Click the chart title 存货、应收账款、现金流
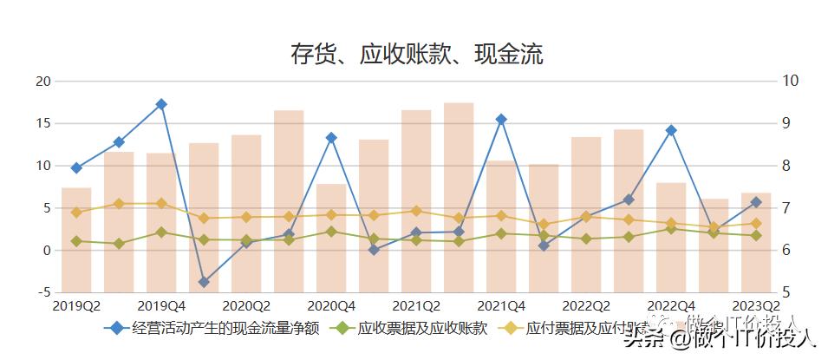[x=416, y=55]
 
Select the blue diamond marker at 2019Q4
[x=161, y=104]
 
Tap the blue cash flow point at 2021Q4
[x=501, y=119]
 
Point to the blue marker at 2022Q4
[x=671, y=130]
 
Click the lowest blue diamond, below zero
[x=204, y=282]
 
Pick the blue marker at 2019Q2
[x=76, y=167]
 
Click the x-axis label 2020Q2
[x=246, y=305]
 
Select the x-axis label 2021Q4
[x=501, y=305]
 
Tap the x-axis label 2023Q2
[x=755, y=305]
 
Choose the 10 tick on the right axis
[x=790, y=81]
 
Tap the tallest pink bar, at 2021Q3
[x=459, y=200]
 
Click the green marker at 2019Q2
[x=76, y=241]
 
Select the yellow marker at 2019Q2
[x=76, y=212]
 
